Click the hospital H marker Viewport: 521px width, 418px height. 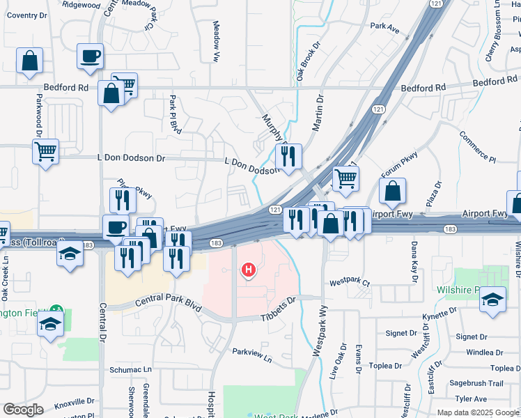click(247, 270)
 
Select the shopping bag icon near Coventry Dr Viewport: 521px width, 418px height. click(29, 61)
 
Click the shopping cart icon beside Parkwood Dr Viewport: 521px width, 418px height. click(45, 150)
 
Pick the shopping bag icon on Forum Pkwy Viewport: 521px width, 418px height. click(393, 191)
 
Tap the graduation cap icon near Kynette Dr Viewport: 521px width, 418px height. click(492, 300)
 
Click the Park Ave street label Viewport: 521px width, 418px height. click(384, 28)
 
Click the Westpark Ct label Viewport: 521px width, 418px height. click(350, 283)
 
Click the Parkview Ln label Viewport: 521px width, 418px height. click(252, 355)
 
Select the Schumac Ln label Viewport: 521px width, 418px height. click(130, 369)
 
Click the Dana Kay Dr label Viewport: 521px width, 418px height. click(413, 264)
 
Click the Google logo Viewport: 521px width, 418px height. click(23, 409)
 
